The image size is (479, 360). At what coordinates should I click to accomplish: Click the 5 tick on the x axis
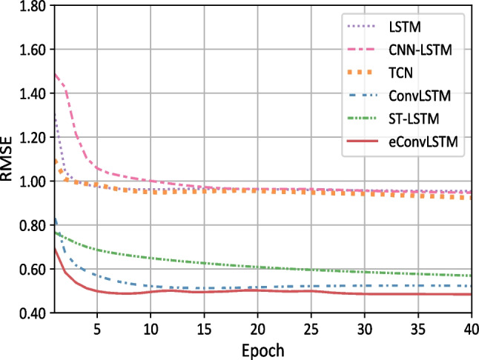point(96,327)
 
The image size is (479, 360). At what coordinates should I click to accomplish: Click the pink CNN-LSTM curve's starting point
point(54,74)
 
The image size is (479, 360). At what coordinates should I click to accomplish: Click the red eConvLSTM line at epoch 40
point(470,295)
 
